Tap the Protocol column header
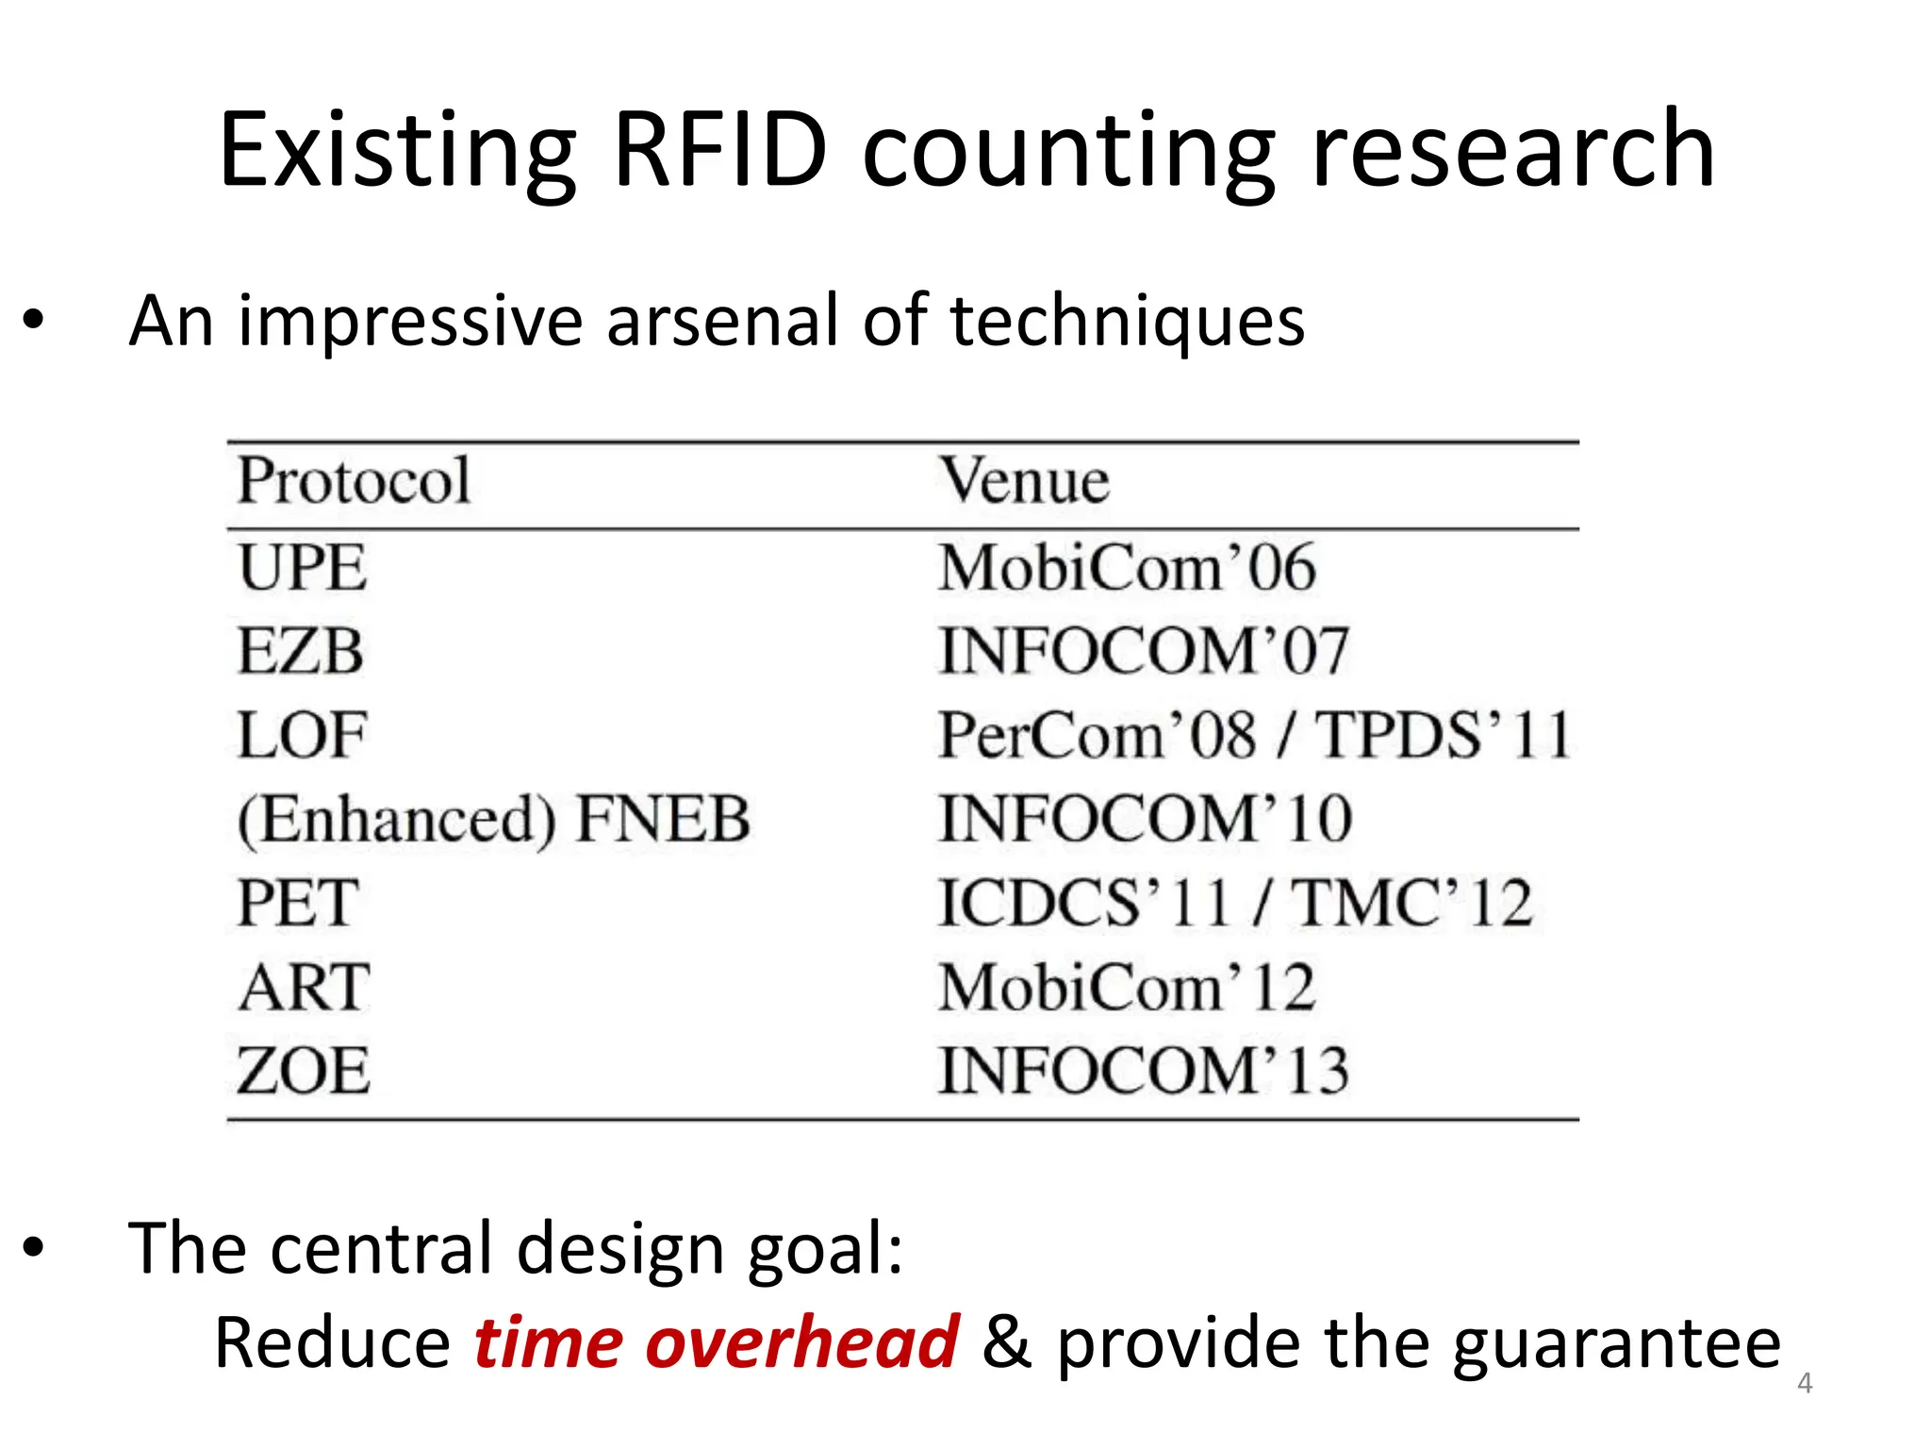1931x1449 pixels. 354,481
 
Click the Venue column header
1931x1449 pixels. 1025,481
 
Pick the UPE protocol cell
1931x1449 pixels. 302,568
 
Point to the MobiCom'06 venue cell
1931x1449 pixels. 1126,568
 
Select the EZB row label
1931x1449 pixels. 300,651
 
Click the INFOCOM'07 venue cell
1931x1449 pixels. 1144,651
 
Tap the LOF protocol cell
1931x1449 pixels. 301,735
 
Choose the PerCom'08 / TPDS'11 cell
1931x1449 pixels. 1254,735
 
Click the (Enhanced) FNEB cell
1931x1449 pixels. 493,819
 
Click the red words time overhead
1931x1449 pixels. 716,1342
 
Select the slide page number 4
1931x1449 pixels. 1805,1384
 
